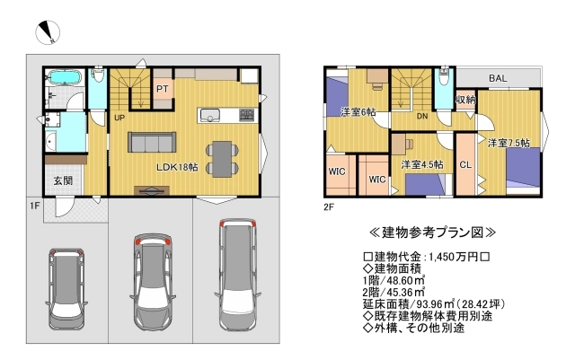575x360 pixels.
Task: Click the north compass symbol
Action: point(47,32)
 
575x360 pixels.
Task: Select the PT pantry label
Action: point(164,89)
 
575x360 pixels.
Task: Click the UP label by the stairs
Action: point(119,118)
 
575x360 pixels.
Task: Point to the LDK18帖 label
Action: point(176,167)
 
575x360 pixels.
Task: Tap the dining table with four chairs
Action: point(221,157)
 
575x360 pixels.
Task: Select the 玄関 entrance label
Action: point(63,180)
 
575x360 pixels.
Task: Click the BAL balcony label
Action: point(497,79)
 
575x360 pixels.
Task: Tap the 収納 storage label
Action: point(464,100)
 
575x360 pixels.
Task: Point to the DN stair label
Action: point(421,117)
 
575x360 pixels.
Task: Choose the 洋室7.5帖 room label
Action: point(509,143)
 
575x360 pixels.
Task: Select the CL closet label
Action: point(465,164)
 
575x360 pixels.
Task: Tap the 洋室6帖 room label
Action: point(358,112)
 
